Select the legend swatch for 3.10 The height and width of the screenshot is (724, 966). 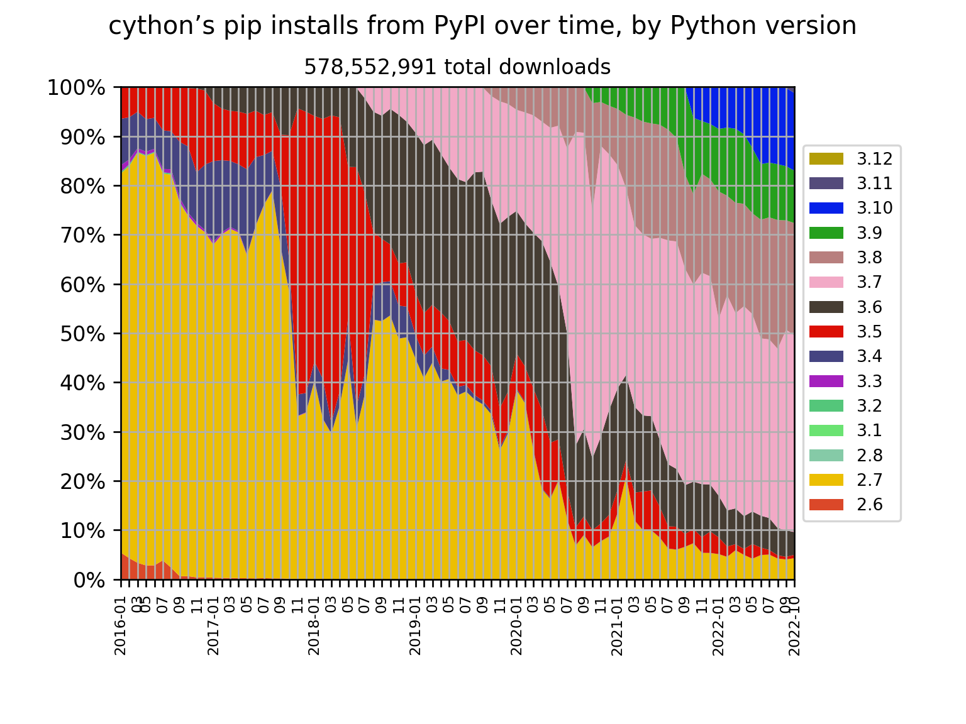[x=826, y=208]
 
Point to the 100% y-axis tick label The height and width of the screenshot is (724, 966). [x=76, y=87]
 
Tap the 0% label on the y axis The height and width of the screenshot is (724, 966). [x=87, y=580]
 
